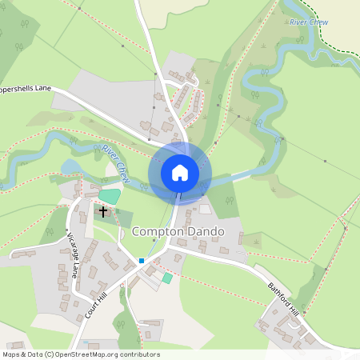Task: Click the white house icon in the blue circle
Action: [180, 172]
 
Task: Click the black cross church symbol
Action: [103, 212]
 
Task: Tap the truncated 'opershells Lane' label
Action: [26, 90]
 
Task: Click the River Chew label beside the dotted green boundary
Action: [310, 23]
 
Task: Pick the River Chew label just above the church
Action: [116, 159]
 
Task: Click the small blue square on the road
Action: [141, 260]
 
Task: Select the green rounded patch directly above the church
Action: [109, 195]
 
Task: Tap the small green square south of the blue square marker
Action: [167, 278]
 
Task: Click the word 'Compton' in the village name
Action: [156, 232]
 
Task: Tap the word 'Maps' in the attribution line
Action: [11, 354]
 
